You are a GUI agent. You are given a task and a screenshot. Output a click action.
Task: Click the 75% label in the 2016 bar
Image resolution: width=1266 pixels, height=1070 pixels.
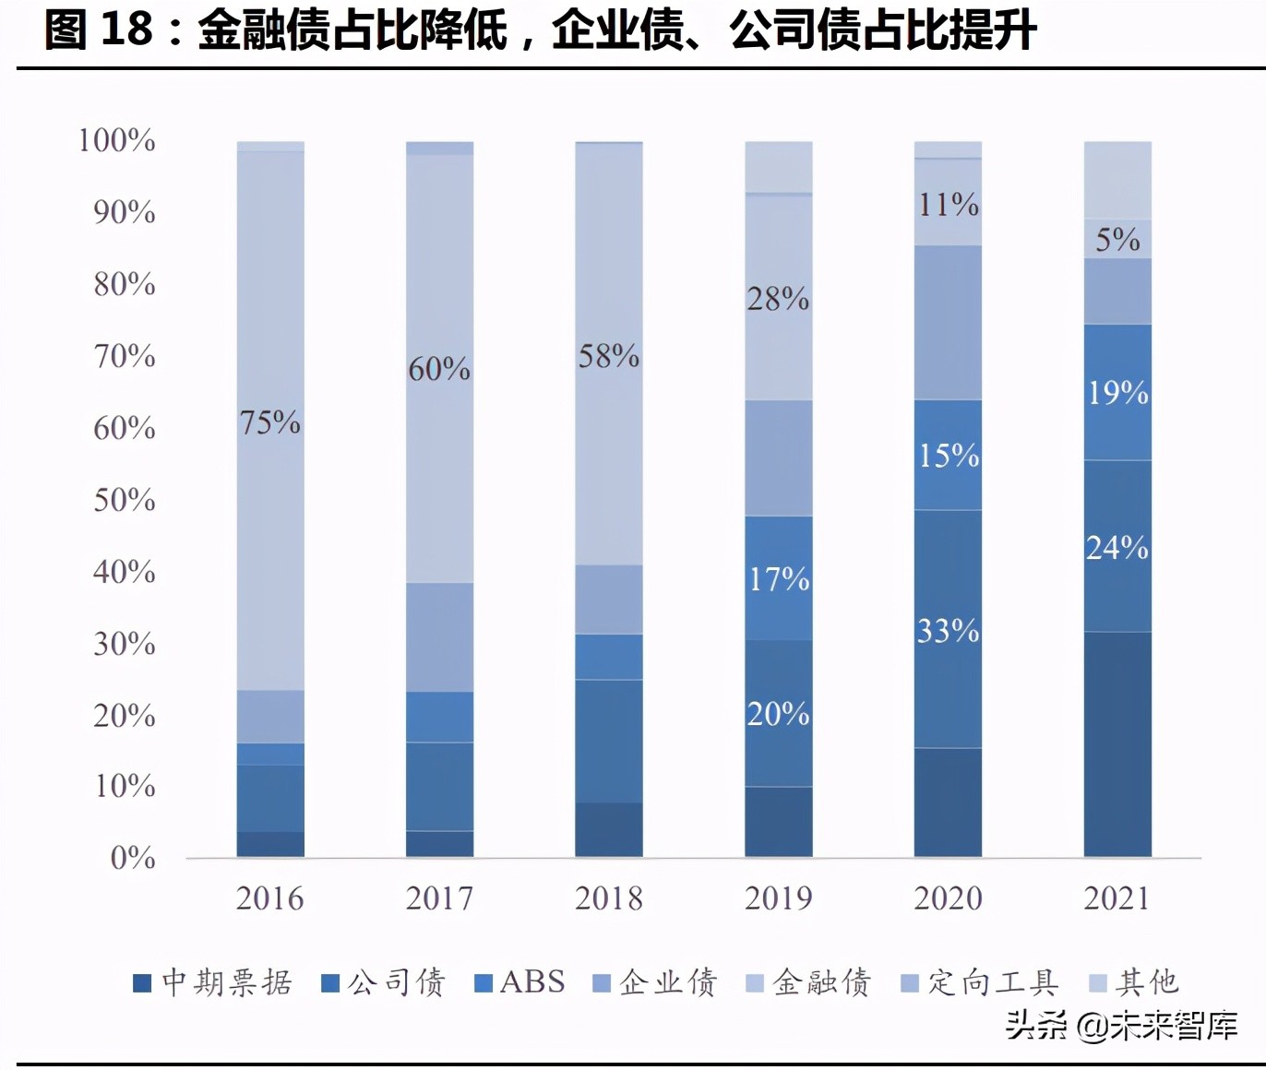[x=269, y=422]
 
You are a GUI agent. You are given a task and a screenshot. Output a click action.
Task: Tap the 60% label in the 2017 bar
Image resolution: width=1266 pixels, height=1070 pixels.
[x=439, y=369]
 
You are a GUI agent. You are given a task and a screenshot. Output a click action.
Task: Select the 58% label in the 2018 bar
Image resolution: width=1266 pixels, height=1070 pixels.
[x=608, y=356]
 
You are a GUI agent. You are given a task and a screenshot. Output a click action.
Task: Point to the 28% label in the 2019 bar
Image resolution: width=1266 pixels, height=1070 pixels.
[x=778, y=299]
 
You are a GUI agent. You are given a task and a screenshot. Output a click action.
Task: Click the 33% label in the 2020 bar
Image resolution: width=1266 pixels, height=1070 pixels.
[x=948, y=631]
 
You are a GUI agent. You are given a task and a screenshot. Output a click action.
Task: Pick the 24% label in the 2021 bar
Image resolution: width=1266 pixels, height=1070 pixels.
[x=1117, y=548]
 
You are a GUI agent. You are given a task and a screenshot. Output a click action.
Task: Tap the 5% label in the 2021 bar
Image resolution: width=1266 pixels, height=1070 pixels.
[x=1117, y=240]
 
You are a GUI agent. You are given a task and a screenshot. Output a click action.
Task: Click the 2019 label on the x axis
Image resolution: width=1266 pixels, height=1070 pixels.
[x=778, y=898]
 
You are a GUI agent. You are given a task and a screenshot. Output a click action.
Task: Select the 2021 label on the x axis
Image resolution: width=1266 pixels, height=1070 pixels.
[x=1117, y=898]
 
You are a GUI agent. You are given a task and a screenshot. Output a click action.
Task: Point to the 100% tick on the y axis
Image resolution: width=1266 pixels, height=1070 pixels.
[x=116, y=140]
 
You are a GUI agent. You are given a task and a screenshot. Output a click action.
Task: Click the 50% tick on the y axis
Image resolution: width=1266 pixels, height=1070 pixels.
[x=124, y=500]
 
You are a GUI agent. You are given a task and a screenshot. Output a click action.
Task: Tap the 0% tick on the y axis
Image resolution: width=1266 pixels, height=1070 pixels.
[x=132, y=858]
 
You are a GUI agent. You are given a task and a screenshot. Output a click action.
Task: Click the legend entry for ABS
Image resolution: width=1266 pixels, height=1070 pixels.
[x=520, y=982]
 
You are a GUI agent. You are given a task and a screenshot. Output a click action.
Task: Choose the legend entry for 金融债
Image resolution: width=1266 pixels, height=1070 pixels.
[x=809, y=982]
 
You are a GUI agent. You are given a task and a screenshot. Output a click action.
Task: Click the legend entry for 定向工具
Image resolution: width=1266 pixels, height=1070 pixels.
[x=980, y=982]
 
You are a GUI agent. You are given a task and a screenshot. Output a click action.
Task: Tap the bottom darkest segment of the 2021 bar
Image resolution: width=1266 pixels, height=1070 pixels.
[x=1117, y=743]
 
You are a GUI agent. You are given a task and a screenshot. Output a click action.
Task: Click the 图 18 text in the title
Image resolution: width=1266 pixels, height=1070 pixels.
[x=98, y=30]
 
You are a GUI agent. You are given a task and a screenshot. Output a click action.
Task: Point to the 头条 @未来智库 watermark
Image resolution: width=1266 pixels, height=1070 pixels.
[x=1121, y=1025]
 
